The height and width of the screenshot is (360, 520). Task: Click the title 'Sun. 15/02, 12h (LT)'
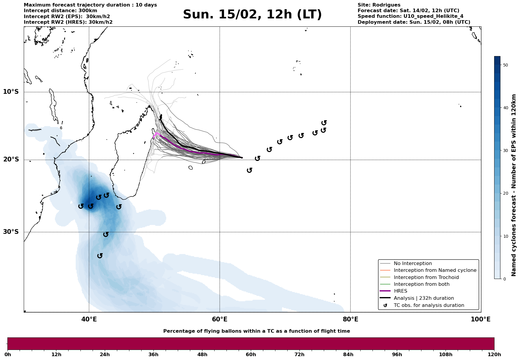252,15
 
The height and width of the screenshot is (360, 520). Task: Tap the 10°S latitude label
11,92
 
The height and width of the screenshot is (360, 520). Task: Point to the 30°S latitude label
11,232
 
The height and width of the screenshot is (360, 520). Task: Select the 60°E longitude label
220,320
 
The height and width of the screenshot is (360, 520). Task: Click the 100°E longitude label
481,320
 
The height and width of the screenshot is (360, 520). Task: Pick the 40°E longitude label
89,320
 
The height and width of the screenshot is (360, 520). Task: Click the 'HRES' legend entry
400,291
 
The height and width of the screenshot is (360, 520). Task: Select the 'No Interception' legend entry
413,264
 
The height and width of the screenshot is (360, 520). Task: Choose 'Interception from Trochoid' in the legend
426,277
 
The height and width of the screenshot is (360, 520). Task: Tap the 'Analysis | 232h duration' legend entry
424,298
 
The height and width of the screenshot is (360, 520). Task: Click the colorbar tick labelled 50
505,65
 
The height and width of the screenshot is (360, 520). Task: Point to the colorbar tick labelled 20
505,194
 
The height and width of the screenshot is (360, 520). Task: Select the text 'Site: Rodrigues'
379,5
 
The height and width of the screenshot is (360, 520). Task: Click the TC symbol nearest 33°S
100,256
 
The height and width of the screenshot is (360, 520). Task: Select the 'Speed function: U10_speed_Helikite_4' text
410,16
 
